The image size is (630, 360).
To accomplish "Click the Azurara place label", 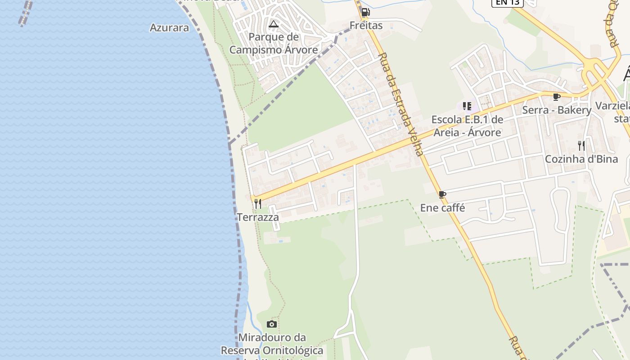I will point(169,27).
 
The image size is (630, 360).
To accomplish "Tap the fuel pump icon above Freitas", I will point(365,12).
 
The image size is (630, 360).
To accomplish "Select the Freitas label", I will point(366,26).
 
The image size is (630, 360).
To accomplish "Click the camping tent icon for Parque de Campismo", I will point(274,24).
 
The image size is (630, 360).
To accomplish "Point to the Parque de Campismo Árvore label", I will point(274,43).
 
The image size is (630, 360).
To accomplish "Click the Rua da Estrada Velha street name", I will point(401,105).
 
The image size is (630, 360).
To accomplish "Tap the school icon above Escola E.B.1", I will point(467,106).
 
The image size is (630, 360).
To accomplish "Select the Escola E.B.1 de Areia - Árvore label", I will point(467,126).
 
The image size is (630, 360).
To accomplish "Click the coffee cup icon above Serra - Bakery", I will point(557,97).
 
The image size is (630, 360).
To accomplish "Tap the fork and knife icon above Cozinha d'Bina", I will point(581,145).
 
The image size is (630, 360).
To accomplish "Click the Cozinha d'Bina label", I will point(581,159).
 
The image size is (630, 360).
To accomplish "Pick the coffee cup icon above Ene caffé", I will point(442,194).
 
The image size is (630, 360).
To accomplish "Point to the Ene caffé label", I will point(442,208).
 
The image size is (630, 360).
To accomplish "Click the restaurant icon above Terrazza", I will point(258,204).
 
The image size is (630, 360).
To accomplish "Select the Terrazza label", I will point(258,217).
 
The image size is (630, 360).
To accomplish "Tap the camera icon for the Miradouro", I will point(271,324).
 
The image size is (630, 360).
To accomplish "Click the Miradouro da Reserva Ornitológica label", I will point(272,344).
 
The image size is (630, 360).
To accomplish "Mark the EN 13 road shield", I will point(507,3).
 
